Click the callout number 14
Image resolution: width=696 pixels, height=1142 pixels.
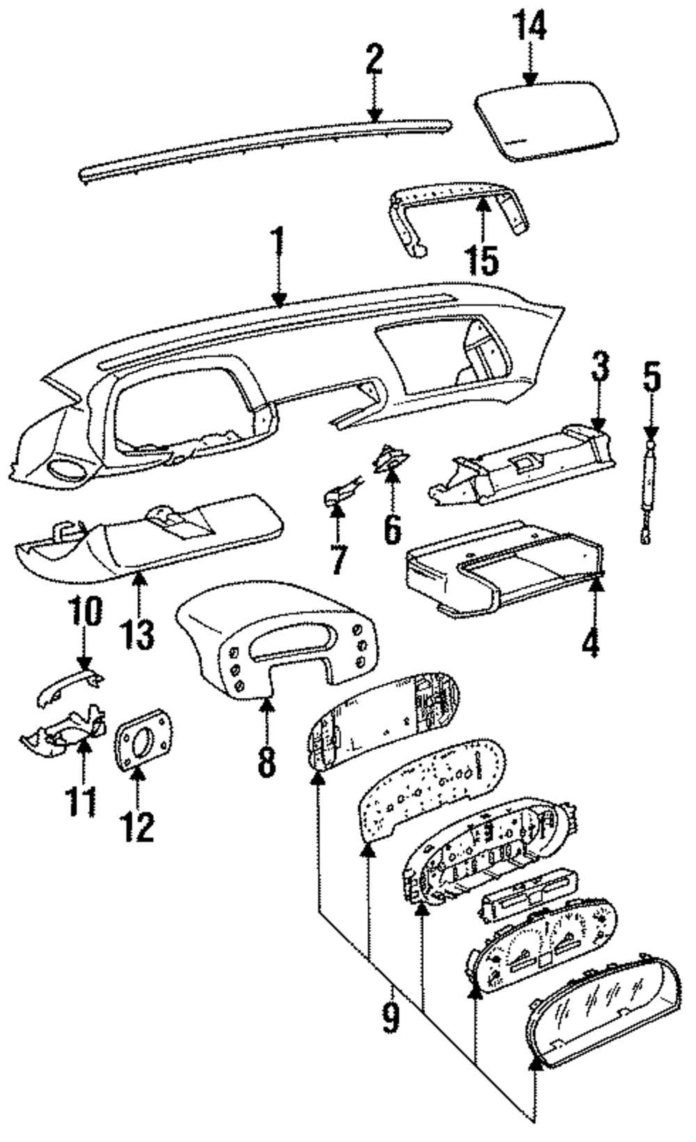point(530,24)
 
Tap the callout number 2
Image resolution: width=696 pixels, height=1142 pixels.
point(374,60)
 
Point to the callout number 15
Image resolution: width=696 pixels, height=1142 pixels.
point(482,260)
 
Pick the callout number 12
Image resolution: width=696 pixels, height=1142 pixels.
point(137,826)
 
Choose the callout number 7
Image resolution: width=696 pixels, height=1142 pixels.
point(338,560)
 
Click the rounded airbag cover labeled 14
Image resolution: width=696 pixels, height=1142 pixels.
point(546,121)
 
